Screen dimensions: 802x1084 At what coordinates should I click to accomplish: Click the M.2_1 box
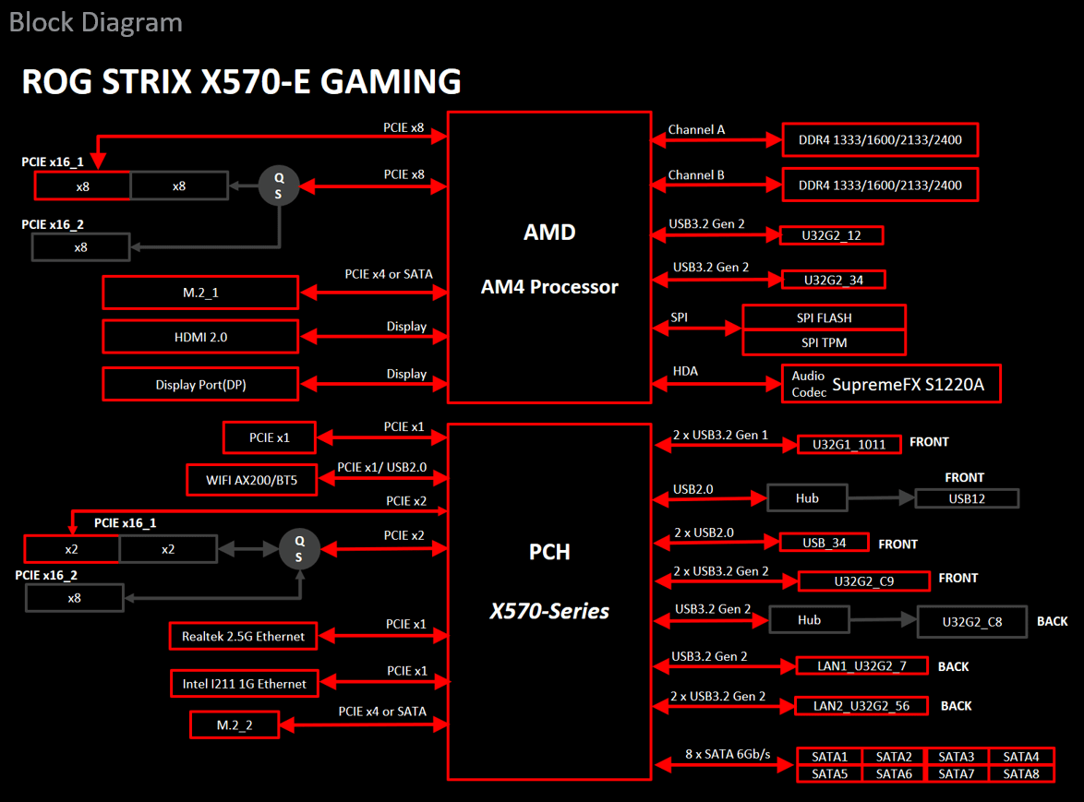(200, 293)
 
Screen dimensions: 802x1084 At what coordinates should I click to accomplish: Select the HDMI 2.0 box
(200, 337)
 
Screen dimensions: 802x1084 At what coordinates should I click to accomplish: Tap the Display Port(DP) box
(200, 384)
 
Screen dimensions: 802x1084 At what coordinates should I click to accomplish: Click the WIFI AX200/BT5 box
(250, 479)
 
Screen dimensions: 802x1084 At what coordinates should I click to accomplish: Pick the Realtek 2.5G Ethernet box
(243, 636)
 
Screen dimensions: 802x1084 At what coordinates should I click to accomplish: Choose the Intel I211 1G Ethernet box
(244, 683)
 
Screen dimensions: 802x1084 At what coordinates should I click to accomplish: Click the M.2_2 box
(235, 724)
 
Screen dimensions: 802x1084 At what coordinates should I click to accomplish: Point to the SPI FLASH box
(824, 317)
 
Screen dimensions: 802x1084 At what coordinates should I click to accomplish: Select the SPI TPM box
(824, 342)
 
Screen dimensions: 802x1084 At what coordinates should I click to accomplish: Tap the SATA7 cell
(957, 773)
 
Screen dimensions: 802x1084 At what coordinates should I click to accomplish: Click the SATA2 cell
(894, 757)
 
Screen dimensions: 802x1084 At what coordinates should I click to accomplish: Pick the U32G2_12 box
(831, 235)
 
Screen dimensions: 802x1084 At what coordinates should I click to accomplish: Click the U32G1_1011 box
(849, 444)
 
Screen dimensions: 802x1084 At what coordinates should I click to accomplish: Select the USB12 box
(967, 498)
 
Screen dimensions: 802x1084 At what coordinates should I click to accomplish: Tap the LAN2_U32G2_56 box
(861, 706)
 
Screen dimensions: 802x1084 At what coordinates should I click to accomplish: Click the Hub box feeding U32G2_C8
(809, 620)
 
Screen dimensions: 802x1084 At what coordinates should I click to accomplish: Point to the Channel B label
(696, 174)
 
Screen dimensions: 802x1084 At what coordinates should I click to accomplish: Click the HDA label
(685, 371)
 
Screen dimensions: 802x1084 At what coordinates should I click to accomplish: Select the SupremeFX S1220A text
(909, 385)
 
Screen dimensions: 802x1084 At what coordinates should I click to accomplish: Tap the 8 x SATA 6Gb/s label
(727, 754)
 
